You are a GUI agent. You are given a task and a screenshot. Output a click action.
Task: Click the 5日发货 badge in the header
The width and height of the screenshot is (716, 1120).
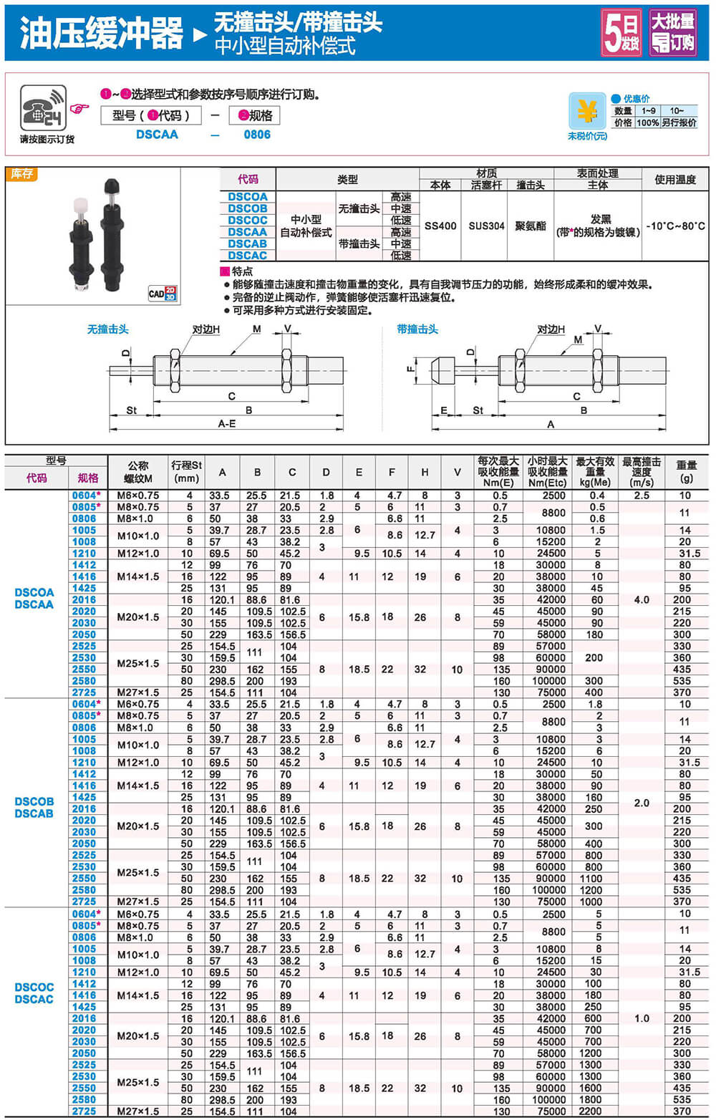tap(621, 32)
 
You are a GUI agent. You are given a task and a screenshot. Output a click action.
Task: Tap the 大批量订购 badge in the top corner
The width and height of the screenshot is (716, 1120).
tap(672, 32)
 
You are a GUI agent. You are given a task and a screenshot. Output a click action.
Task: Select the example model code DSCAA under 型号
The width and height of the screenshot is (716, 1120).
tap(157, 135)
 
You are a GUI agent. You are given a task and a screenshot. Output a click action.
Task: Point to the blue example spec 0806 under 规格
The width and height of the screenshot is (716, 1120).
tap(257, 135)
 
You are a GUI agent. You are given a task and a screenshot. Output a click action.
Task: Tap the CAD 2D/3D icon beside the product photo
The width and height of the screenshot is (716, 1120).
tap(163, 294)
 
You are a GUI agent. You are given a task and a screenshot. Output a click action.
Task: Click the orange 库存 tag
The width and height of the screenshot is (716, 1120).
tap(21, 174)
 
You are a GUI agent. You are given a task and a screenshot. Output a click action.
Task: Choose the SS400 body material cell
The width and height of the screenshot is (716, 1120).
tap(440, 226)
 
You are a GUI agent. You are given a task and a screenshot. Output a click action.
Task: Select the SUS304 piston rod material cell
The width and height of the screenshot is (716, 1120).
tap(486, 226)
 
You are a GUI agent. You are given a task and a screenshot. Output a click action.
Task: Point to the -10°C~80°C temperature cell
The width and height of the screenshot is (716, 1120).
tap(675, 226)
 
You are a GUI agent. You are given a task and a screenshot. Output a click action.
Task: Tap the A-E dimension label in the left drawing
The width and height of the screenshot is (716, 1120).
tap(227, 424)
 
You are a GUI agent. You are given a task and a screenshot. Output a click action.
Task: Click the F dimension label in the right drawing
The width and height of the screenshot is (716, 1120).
tap(410, 370)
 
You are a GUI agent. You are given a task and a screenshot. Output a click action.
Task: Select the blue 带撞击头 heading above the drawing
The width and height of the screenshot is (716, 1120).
tap(417, 329)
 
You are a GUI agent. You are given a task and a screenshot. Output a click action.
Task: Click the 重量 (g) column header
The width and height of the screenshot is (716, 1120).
tap(686, 471)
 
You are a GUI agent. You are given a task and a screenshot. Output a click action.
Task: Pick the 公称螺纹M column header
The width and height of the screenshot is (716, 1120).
tap(138, 471)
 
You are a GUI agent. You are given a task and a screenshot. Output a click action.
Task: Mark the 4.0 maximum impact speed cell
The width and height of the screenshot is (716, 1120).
tap(642, 599)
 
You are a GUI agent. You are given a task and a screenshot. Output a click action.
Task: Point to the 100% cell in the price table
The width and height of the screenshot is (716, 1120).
tap(647, 122)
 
